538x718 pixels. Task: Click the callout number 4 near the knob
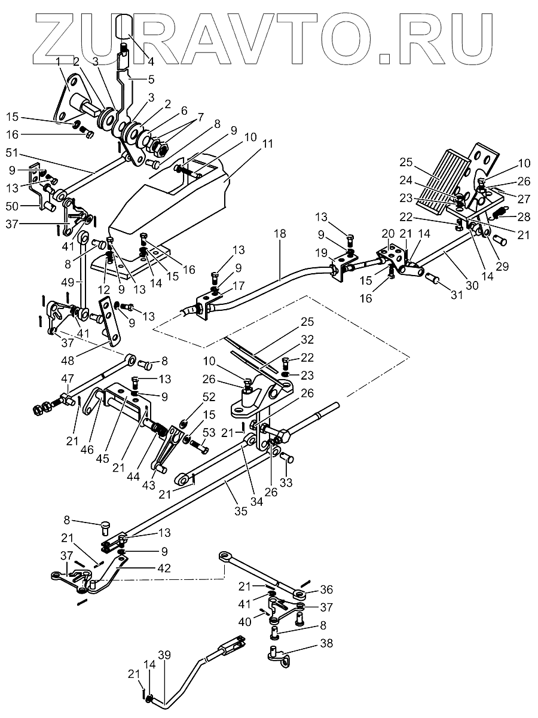click(150, 61)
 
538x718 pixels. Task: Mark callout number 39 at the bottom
click(164, 652)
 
